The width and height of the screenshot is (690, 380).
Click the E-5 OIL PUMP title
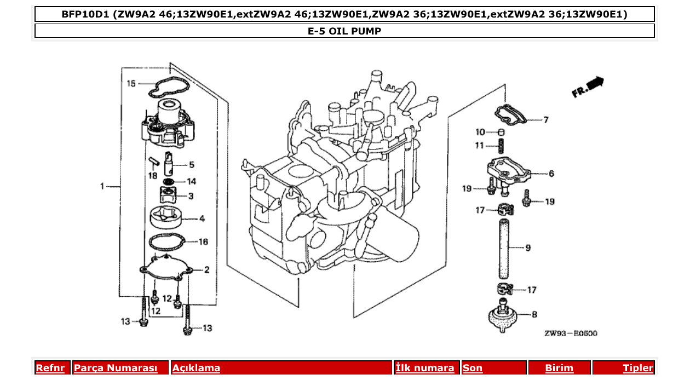pos(344,31)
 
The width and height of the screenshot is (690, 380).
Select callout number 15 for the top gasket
pos(130,84)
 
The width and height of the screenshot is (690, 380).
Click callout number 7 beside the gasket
pos(545,120)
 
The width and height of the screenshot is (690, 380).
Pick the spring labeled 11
pos(500,146)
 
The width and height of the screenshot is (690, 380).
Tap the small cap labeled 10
pos(500,132)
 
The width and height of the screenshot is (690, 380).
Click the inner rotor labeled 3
pos(168,195)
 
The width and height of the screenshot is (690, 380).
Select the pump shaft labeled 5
pos(170,162)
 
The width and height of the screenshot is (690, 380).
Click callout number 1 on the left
pos(102,187)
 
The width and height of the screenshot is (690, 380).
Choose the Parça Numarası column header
pos(115,368)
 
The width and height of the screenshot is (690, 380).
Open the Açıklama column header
pos(196,368)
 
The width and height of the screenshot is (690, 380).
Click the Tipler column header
pos(637,368)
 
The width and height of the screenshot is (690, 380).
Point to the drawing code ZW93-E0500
pos(571,333)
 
